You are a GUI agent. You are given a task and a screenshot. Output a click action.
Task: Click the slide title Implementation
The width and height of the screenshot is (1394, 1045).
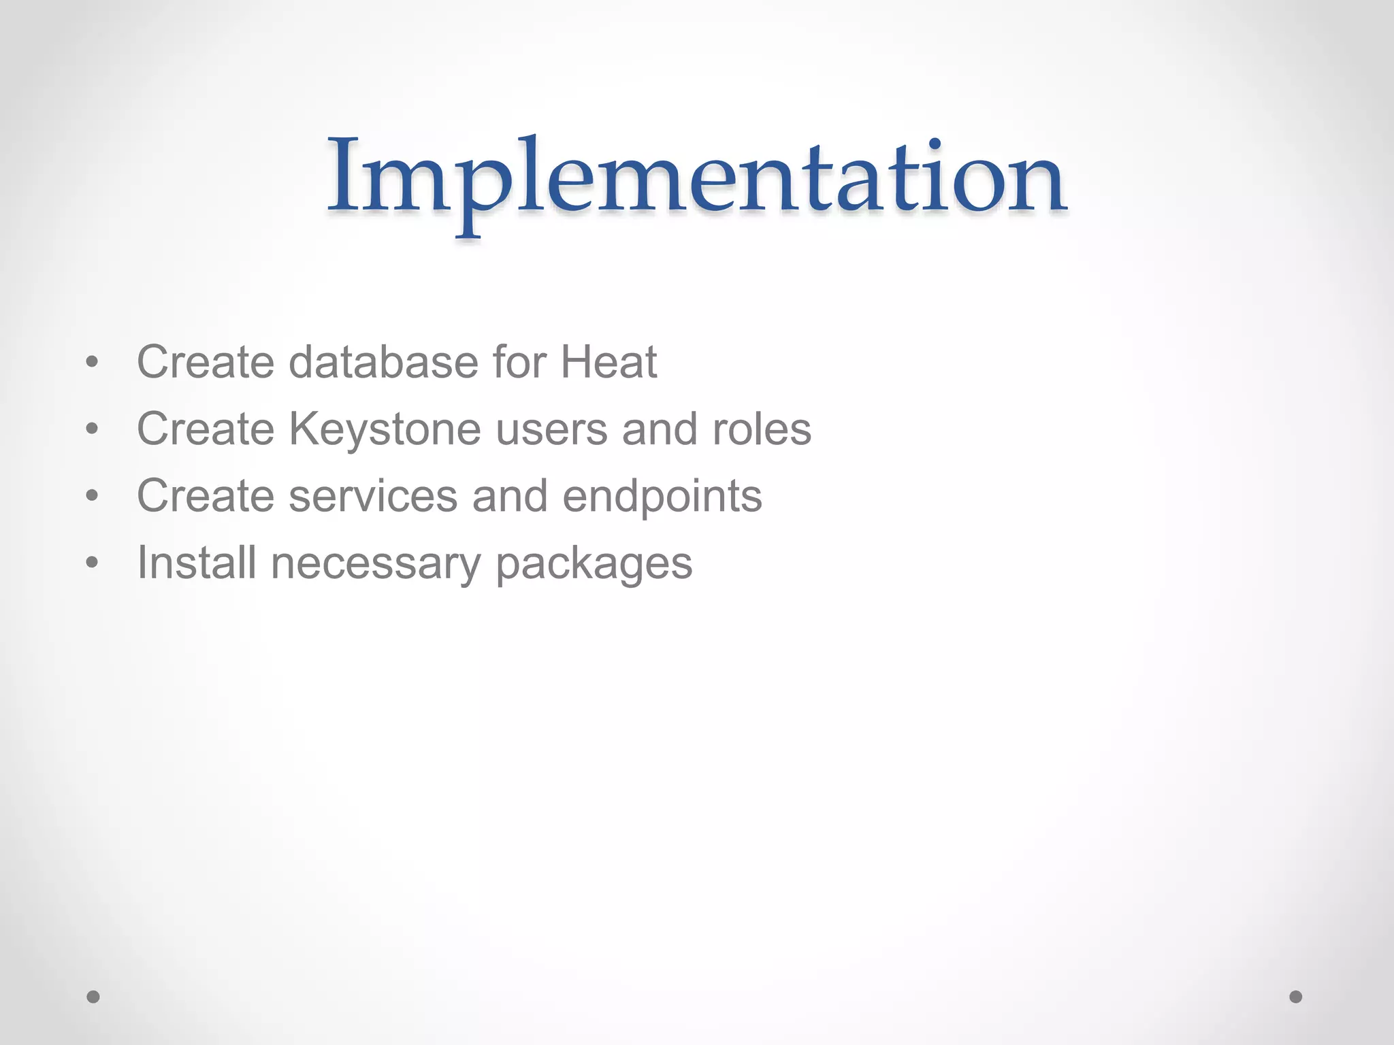coord(697,178)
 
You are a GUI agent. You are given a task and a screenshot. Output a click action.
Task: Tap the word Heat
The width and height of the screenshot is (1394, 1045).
coord(609,362)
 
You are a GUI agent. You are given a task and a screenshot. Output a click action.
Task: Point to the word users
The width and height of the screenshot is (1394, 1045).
coord(551,430)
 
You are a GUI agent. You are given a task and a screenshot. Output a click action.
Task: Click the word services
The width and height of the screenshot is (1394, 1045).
coord(373,496)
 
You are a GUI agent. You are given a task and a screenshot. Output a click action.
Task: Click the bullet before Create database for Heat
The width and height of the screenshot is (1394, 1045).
coord(93,363)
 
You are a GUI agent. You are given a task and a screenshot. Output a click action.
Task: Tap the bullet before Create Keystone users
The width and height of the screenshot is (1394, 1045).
coord(93,429)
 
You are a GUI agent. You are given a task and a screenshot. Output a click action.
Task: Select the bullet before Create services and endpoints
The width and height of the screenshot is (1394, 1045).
coord(93,496)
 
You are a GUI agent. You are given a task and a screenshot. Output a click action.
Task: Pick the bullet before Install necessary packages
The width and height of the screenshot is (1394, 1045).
coord(93,563)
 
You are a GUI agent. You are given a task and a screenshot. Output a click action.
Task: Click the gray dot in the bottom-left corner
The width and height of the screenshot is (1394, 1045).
coord(93,997)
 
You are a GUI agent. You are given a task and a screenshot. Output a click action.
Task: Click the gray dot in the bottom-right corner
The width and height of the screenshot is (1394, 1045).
coord(1296,997)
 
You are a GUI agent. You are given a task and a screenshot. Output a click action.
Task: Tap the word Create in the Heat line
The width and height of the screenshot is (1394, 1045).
coord(205,362)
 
